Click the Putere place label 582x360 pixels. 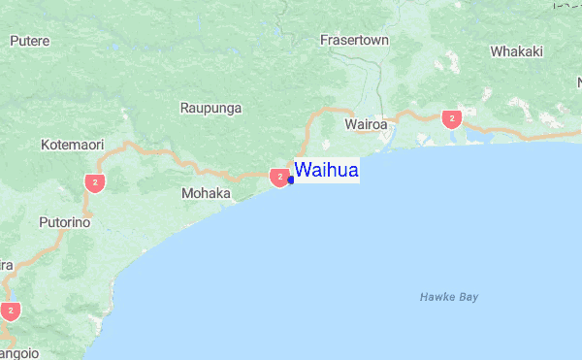coord(29,41)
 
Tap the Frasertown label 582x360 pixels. coord(354,41)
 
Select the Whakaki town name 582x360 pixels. coord(517,51)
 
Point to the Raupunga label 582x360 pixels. coord(210,108)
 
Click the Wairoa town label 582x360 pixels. coord(366,125)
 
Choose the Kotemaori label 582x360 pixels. coord(72,146)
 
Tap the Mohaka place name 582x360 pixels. coord(206,194)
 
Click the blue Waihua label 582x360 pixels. coord(327,171)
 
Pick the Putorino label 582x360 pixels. coord(64,222)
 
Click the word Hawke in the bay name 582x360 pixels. coord(436,297)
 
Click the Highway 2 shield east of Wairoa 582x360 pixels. coord(450,118)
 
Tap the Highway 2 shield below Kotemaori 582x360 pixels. coord(94,181)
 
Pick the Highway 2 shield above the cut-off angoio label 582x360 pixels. coord(11,311)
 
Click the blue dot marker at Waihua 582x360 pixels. coord(290,180)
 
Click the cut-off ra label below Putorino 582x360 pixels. coord(6,265)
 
